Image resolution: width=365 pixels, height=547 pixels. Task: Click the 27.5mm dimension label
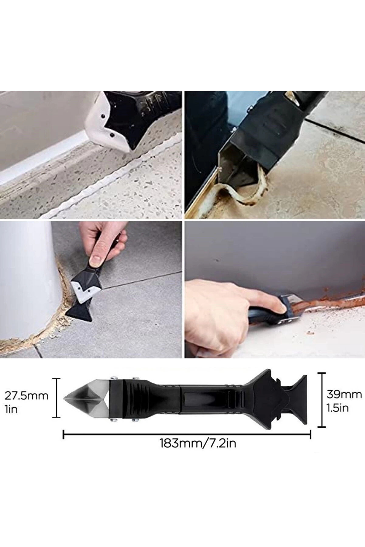click(26, 396)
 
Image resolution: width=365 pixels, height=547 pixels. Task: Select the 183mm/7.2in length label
click(198, 443)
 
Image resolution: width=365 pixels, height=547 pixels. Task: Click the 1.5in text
click(337, 408)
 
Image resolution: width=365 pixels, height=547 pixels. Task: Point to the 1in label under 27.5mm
click(12, 409)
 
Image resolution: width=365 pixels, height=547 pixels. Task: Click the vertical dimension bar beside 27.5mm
click(57, 398)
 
